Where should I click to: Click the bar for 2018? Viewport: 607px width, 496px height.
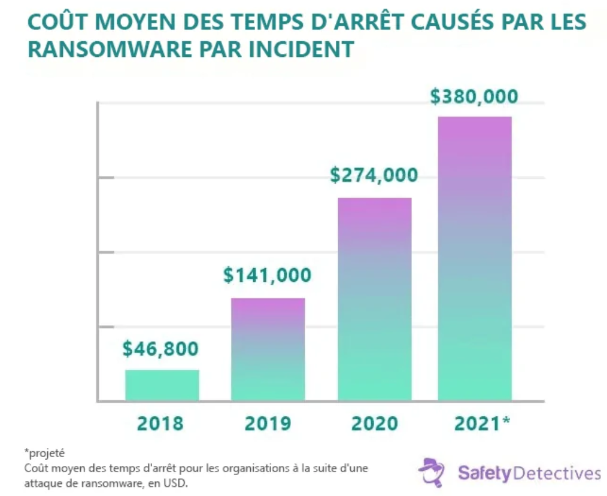[x=162, y=385]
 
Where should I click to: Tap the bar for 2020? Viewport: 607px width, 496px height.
[x=374, y=299]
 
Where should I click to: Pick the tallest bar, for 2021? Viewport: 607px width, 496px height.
[x=475, y=258]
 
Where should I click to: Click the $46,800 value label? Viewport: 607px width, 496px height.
[x=160, y=349]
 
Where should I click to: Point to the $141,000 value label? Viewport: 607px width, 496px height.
[x=268, y=275]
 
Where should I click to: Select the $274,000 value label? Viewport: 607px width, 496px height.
[x=374, y=175]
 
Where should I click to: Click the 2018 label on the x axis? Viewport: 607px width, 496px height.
[x=160, y=424]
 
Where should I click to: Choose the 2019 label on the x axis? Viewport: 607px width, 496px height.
[x=268, y=424]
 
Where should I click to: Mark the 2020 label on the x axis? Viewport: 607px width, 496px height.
[x=374, y=424]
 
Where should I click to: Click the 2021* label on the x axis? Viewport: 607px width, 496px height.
[x=482, y=424]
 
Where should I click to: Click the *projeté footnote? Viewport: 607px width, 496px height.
[x=45, y=452]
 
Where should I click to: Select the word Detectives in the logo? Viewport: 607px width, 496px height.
[x=557, y=474]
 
